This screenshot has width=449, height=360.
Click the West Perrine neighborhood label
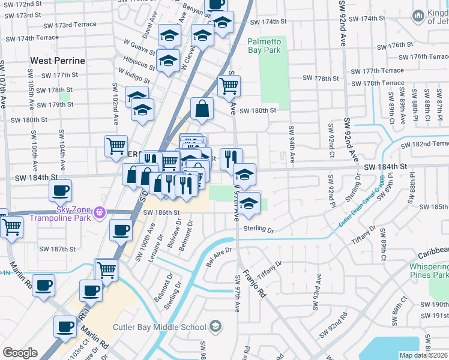click(58, 61)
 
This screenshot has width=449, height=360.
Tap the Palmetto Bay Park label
click(264, 46)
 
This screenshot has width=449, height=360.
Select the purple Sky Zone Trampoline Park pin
click(100, 212)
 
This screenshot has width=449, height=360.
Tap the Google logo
click(20, 353)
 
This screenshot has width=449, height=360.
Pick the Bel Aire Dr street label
click(219, 255)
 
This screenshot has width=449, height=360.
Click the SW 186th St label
click(161, 213)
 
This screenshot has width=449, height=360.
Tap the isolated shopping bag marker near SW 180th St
click(202, 109)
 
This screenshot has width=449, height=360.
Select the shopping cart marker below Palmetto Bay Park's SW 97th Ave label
click(229, 86)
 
